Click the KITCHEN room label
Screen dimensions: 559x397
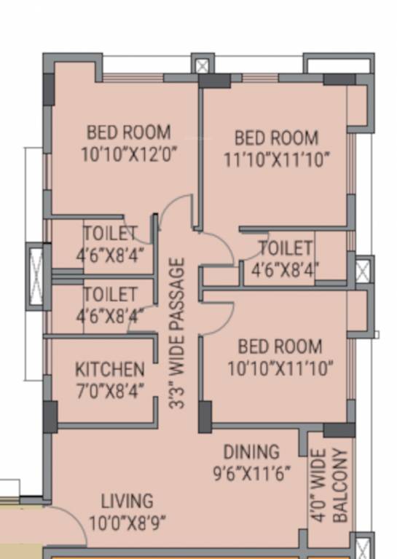tap(109, 369)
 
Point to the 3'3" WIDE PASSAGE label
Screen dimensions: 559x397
tap(177, 333)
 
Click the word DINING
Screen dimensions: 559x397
tap(251, 452)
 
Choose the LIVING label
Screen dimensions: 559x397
tap(127, 501)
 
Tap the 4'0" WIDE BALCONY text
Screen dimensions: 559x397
tap(329, 485)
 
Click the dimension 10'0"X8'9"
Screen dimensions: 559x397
tap(127, 523)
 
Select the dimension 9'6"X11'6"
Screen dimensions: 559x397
tap(251, 473)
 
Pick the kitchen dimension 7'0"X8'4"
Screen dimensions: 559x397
tap(109, 390)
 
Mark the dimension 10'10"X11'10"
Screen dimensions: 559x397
tap(280, 368)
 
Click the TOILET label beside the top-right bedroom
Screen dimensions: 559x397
tap(286, 248)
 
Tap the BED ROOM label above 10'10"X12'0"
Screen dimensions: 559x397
tap(129, 132)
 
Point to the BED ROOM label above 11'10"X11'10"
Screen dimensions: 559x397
tap(276, 137)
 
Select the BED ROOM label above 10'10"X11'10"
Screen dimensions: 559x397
tap(280, 346)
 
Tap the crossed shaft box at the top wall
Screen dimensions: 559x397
tap(202, 66)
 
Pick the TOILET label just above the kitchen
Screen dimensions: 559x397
tap(111, 295)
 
